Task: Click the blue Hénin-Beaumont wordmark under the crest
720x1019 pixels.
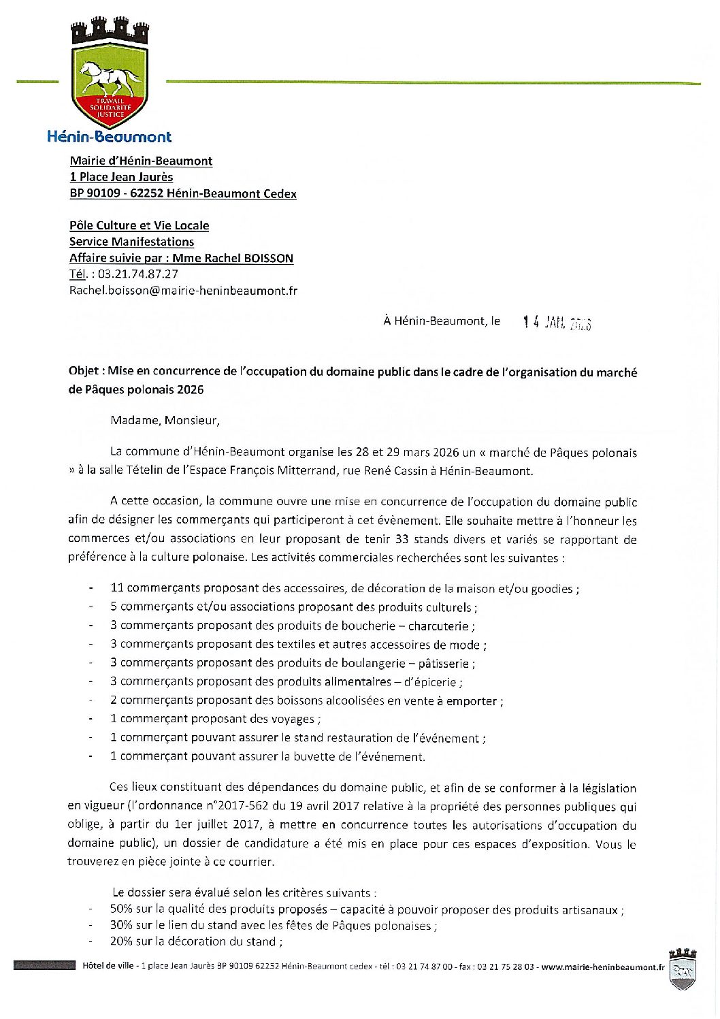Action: pos(109,137)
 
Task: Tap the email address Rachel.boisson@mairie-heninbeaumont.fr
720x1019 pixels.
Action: pos(183,291)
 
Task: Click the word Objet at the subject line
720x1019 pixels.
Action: pos(84,372)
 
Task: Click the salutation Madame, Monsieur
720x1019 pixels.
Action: pos(165,420)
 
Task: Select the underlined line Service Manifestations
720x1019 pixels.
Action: pos(131,242)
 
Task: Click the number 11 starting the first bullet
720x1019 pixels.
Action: pos(117,588)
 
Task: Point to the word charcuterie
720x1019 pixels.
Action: pos(438,626)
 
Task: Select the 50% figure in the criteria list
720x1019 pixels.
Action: pos(121,909)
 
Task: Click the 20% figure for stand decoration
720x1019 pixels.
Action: pos(121,941)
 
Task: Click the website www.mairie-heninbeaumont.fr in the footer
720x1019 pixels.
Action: pos(603,967)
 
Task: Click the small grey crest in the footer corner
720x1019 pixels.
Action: pos(682,969)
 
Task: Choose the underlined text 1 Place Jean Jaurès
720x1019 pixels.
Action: pos(121,177)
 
